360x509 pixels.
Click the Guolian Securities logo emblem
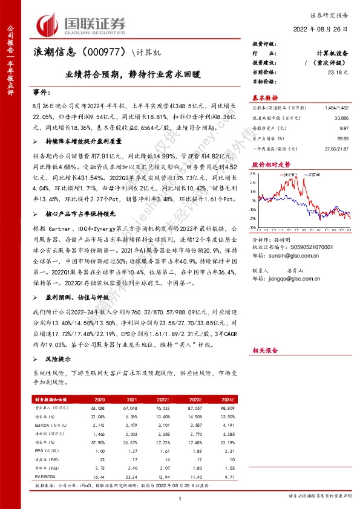pos(48,25)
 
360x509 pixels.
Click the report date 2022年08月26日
pos(319,28)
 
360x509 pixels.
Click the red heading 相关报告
pos(264,350)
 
